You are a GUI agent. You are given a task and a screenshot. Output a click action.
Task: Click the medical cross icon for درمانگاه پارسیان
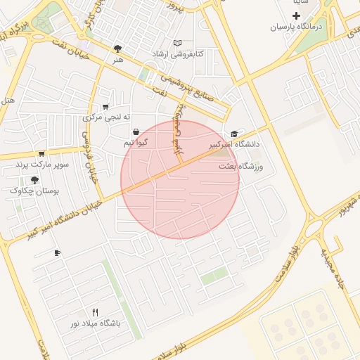296,15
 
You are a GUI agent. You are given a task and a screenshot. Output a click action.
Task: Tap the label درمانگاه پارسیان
297,27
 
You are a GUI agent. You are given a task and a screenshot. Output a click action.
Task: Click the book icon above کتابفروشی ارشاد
177,43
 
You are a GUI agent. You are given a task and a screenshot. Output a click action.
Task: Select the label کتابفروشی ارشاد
179,53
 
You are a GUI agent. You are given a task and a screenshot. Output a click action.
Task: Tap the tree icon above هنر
117,49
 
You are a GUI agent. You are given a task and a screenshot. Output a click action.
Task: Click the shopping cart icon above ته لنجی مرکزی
105,107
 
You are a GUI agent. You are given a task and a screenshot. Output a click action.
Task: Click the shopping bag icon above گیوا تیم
135,131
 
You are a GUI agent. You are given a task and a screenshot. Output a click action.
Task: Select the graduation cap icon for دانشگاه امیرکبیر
234,134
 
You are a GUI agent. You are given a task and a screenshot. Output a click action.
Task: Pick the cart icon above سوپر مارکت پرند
42,153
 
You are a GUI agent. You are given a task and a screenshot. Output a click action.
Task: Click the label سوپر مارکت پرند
44,165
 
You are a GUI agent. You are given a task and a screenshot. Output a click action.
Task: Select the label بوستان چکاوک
36,191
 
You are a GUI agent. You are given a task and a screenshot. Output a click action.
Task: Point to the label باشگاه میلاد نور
95,323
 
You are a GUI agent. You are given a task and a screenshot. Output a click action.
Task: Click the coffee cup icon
57,253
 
